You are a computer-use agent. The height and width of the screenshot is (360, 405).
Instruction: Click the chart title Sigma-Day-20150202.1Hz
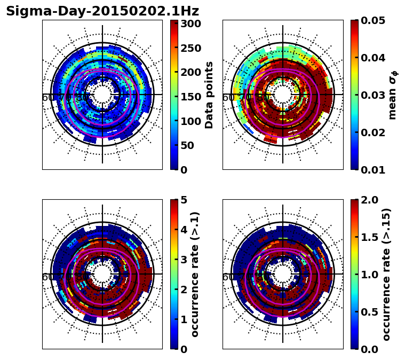click(102, 11)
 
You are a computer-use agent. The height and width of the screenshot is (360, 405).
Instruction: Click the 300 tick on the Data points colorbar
click(190, 24)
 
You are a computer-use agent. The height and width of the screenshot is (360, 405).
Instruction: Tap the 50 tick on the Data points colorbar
click(187, 145)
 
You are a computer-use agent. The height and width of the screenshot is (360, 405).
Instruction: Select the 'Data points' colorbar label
click(209, 95)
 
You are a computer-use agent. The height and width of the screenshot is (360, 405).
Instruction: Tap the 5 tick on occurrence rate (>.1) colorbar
click(184, 200)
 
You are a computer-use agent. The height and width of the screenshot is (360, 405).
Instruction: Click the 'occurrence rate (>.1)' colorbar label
click(195, 275)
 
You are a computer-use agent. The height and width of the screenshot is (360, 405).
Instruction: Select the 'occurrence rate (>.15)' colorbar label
click(386, 275)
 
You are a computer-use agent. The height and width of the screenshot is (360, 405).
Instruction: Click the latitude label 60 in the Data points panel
click(47, 98)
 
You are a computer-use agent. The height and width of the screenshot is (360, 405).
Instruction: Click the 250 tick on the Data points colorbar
click(190, 48)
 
